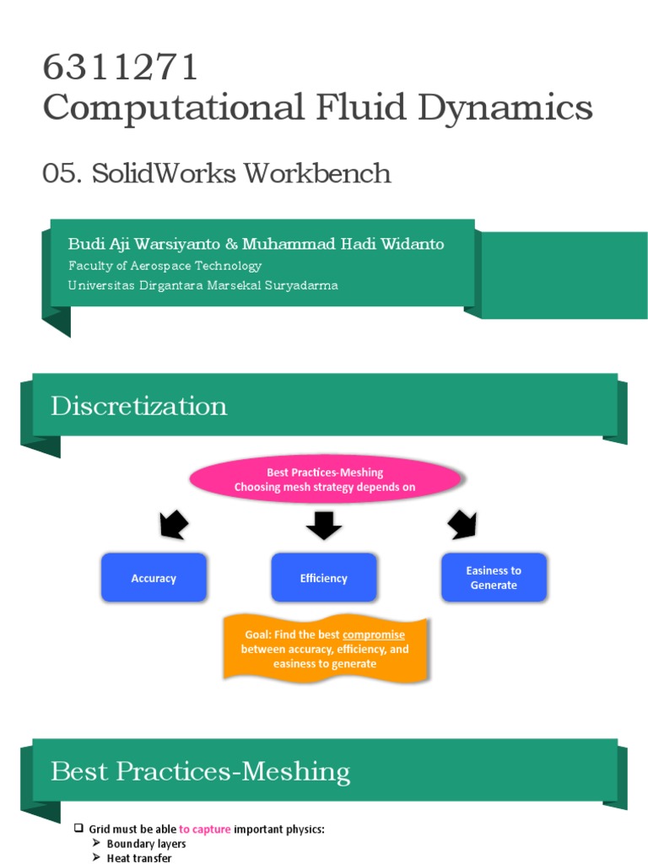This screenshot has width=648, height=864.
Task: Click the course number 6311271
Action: pyautogui.click(x=120, y=67)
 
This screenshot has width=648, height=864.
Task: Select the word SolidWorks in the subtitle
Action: pyautogui.click(x=165, y=173)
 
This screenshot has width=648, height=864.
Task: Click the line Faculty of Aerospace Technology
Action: pyautogui.click(x=165, y=265)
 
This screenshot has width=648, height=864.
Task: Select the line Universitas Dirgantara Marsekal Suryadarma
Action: pyautogui.click(x=202, y=285)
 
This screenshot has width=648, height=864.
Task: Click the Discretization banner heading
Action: pyautogui.click(x=138, y=406)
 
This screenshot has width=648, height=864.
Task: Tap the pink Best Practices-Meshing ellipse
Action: pyautogui.click(x=325, y=480)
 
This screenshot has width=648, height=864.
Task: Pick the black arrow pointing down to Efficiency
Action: pyautogui.click(x=324, y=525)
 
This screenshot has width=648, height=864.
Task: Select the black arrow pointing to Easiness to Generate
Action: pyautogui.click(x=462, y=525)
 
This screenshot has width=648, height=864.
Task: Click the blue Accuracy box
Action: pyautogui.click(x=154, y=578)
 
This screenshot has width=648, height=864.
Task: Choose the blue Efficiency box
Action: pyautogui.click(x=323, y=578)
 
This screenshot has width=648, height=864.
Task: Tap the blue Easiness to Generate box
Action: pyautogui.click(x=494, y=578)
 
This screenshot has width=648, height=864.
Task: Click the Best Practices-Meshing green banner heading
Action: pyautogui.click(x=200, y=771)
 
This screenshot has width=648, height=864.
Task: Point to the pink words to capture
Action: pyautogui.click(x=204, y=829)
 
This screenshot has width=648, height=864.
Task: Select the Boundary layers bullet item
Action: pyautogui.click(x=146, y=844)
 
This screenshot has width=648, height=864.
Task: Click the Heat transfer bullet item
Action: pyautogui.click(x=138, y=858)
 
